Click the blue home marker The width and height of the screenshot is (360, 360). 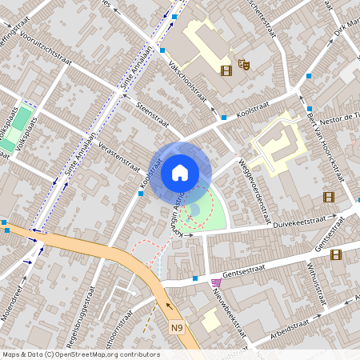click(180, 173)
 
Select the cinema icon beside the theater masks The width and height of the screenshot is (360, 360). click(226, 70)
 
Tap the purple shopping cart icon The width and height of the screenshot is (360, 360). click(215, 283)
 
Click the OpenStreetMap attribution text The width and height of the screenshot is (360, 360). click(80, 354)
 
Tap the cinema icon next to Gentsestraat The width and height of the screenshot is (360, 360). click(334, 254)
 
